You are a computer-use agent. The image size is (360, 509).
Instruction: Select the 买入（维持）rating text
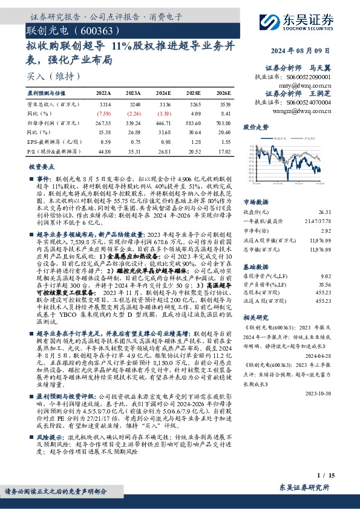[x=45, y=76]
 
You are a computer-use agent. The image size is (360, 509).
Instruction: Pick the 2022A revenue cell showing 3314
[x=103, y=104]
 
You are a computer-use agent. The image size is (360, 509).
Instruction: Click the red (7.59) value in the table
[x=103, y=112]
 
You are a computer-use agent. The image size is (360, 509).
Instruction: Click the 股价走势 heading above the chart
[x=255, y=128]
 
